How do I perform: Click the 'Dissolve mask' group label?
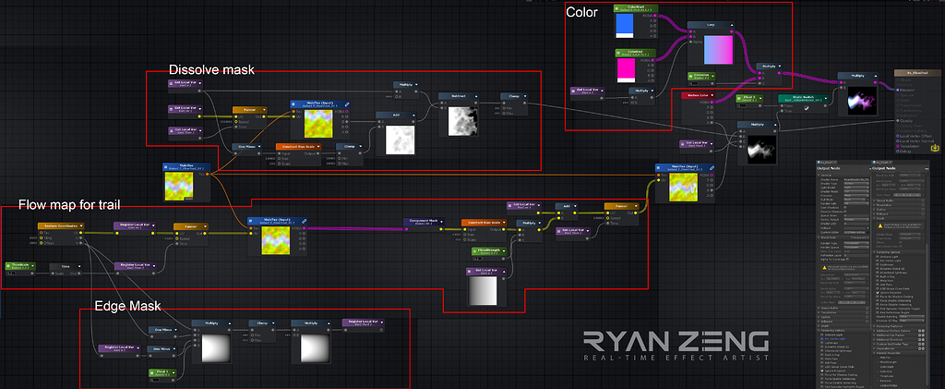point(210,70)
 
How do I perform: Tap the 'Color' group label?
point(580,12)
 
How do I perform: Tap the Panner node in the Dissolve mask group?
point(249,110)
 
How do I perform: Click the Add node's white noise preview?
point(398,140)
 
